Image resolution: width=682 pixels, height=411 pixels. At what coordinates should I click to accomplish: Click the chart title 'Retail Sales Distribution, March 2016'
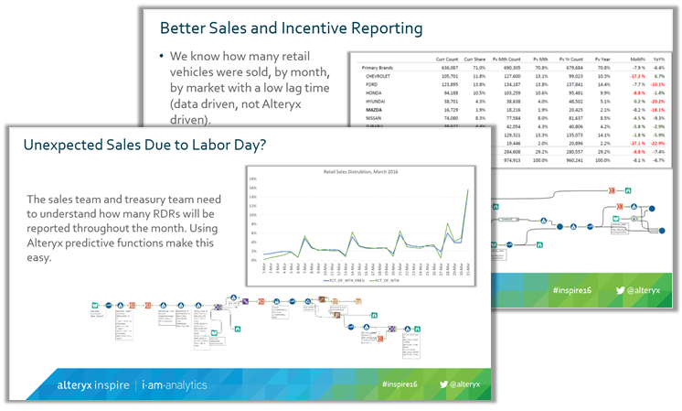362,172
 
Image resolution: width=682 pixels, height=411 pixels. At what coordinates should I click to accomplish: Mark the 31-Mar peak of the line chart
467,190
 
